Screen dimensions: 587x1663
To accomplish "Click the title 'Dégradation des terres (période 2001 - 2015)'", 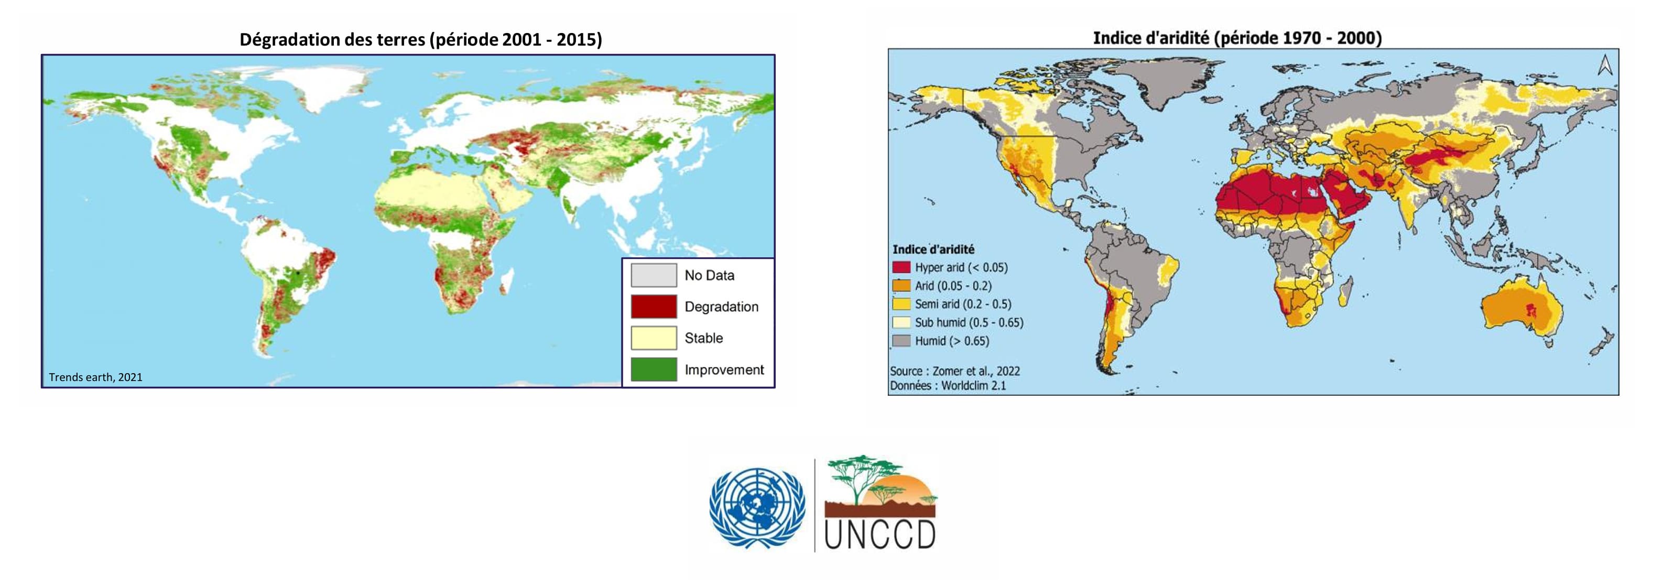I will point(420,40).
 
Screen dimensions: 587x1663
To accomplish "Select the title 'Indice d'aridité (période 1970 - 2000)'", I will point(1237,38).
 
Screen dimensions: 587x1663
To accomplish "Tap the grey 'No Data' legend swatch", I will point(654,275).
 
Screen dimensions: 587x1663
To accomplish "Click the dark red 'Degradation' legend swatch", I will point(654,307).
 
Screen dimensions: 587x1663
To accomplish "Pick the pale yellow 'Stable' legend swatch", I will point(654,338).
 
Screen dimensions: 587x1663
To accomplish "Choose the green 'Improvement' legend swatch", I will point(654,369).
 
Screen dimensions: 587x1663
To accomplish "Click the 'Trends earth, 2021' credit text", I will point(95,377).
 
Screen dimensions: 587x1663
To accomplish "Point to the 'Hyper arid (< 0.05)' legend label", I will point(961,267).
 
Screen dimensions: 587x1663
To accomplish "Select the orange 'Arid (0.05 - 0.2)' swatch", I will point(901,286).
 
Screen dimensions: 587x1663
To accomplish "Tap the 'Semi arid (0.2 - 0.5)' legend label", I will point(963,304).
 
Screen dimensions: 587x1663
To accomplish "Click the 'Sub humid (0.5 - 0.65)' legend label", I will point(969,322).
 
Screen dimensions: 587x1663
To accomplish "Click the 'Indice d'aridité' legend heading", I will point(933,249).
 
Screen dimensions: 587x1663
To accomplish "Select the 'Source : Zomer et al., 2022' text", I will point(955,371).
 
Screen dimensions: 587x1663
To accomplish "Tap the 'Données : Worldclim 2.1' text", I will point(948,386).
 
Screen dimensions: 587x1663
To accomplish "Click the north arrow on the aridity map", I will point(1605,65).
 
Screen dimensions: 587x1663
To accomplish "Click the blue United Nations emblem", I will point(757,508).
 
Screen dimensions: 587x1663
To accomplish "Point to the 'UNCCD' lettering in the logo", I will point(880,535).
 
